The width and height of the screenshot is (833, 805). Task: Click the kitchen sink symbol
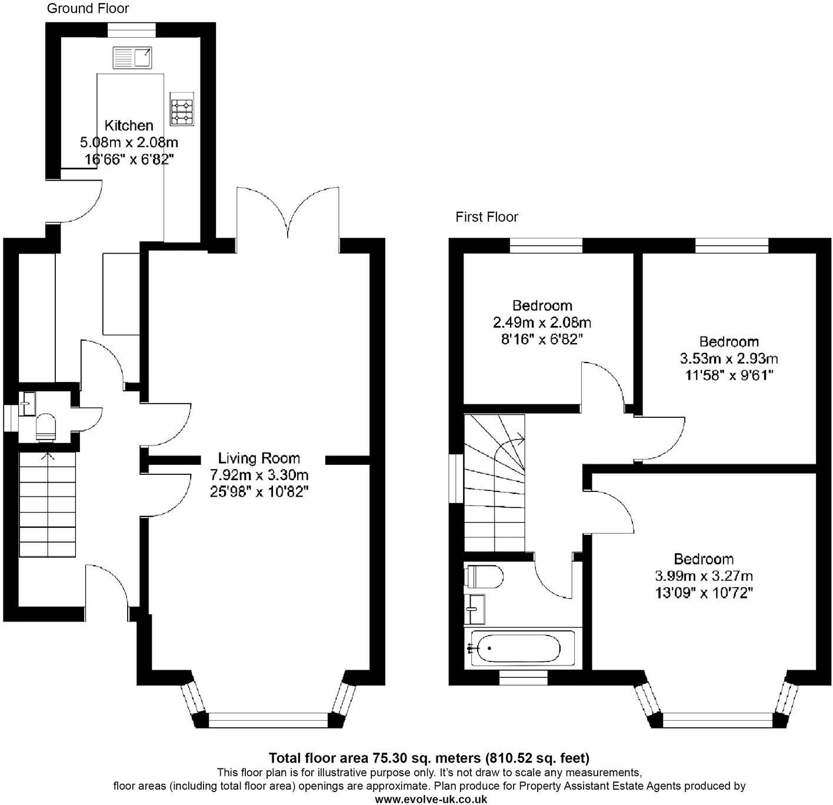(132, 57)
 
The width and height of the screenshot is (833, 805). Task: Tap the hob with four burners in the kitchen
(182, 110)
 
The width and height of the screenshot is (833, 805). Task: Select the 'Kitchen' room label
(129, 125)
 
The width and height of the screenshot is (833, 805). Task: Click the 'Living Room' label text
(259, 458)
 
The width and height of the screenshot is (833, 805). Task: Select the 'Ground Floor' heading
(88, 8)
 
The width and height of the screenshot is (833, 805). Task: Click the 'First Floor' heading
(487, 217)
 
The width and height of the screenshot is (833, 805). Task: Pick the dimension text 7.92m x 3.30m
(259, 475)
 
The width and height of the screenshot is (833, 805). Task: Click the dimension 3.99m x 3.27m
(704, 576)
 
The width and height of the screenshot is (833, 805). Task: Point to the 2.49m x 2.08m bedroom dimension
(542, 322)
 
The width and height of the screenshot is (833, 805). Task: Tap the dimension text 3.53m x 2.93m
(729, 358)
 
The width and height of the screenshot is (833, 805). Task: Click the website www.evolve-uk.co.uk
(431, 799)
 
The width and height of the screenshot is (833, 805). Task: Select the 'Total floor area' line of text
(429, 757)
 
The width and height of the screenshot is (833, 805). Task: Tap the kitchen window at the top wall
(131, 26)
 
